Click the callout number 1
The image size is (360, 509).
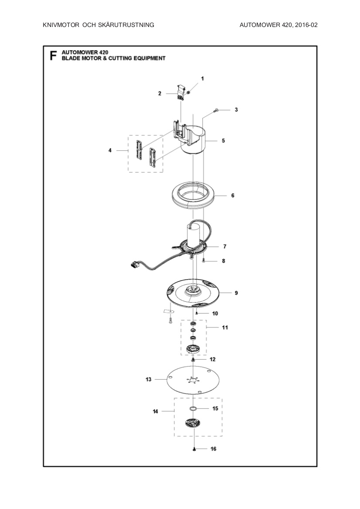[202, 78]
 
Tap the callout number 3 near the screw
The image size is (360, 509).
[236, 110]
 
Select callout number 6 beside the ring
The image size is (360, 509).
[233, 196]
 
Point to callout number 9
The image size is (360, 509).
[236, 293]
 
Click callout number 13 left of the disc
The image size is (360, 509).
[149, 380]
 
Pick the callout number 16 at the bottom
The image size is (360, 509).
[213, 448]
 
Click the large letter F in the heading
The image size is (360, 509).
[53, 56]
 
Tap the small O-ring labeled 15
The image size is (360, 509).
[193, 408]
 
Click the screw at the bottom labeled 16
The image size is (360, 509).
[193, 449]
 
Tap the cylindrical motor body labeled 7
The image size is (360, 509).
[193, 235]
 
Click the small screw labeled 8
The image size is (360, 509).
[204, 261]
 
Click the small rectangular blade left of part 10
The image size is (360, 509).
[168, 311]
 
